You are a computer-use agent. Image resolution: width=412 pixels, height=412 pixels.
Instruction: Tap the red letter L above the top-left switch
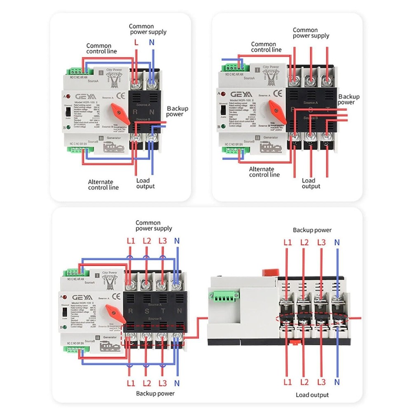point(136,42)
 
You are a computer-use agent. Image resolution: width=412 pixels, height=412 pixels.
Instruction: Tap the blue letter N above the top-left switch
point(152,42)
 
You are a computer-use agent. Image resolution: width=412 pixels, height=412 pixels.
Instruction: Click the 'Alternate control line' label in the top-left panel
point(103,185)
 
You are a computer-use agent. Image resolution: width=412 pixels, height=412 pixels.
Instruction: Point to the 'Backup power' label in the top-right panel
point(349,99)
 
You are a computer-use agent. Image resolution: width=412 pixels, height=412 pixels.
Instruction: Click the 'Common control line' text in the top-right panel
point(266,47)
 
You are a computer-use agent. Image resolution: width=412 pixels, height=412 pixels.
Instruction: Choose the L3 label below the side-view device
point(321,382)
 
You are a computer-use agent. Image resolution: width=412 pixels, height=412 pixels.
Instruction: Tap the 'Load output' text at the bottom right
point(312,395)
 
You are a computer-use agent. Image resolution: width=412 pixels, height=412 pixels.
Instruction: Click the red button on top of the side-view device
point(268,272)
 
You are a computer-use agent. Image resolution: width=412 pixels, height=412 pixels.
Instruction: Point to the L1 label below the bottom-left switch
point(131,383)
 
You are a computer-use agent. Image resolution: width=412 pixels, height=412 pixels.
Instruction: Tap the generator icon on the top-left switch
point(109,148)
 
